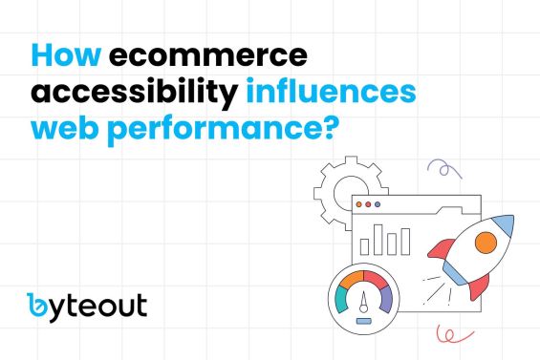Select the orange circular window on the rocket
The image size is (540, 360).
point(486,242)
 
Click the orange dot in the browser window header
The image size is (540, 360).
point(368,204)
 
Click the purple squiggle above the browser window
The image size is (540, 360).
point(443,171)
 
